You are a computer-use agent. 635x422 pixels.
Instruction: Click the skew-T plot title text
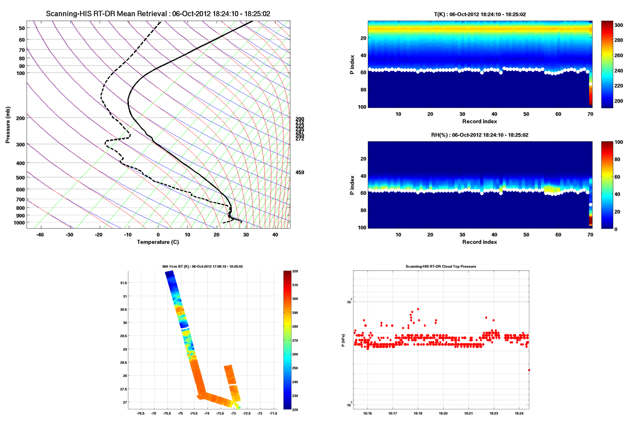pos(158,14)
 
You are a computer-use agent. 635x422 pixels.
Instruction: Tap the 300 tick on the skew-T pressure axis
pos(21,145)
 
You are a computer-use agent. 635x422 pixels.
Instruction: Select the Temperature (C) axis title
pos(158,242)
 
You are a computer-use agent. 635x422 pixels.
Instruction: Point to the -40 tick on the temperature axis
pos(40,235)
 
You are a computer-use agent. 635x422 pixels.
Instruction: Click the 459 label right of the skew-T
pos(300,172)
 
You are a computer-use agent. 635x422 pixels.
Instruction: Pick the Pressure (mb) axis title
pos(8,125)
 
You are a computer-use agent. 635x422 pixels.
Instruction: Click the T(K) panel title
pos(480,15)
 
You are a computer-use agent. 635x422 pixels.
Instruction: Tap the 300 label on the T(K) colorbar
pos(618,25)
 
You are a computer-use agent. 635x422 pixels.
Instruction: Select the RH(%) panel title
pos(479,135)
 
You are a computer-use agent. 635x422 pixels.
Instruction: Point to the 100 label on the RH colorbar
pos(618,142)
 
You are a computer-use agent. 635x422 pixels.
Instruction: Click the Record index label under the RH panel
pos(479,242)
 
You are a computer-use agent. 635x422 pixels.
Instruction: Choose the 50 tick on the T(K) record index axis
pos(526,114)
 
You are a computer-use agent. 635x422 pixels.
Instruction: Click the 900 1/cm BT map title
pos(202,266)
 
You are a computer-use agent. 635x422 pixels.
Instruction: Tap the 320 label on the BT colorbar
pos(295,271)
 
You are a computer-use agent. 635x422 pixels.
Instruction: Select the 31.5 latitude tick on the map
pos(123,283)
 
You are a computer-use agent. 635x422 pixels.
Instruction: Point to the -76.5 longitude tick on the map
pos(141,413)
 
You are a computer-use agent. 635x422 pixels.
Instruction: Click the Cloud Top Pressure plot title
pos(440,266)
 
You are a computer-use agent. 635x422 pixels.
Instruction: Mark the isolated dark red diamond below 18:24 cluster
pos(529,370)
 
